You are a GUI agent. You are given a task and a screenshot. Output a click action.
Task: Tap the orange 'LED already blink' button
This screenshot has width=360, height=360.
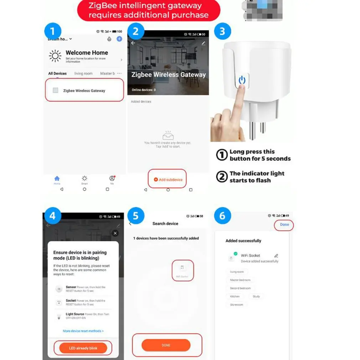coord(83,348)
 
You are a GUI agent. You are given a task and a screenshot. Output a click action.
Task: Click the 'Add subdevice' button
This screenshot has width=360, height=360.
coord(168,180)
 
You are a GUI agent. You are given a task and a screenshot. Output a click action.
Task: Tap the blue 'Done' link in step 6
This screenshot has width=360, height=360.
coord(284,225)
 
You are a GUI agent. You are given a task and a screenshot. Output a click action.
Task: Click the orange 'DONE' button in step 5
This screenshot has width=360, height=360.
coord(166,345)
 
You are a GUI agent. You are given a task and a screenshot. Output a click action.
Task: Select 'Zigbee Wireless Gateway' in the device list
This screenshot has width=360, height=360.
coord(84,91)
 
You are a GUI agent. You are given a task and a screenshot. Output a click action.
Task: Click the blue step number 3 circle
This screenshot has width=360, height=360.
coord(222,31)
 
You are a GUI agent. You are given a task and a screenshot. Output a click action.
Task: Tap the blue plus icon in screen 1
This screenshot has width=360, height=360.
coord(119,39)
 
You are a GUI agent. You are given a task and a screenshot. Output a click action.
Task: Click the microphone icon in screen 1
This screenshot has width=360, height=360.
coord(109,39)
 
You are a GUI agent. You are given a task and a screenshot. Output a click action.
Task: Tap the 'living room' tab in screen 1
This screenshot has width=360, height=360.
coord(83,73)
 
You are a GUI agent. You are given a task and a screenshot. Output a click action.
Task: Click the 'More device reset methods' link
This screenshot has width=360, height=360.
coord(83,331)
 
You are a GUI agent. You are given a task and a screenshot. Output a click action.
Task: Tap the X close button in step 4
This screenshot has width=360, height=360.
coord(115,233)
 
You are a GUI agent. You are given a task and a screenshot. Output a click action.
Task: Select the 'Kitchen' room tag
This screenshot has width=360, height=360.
coord(235,297)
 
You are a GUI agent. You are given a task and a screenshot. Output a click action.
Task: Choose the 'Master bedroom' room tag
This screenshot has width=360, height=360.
coord(240,280)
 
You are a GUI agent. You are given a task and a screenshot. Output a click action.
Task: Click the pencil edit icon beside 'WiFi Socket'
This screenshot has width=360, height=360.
coord(276,256)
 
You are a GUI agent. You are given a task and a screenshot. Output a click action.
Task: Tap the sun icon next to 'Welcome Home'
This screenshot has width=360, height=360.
coord(55,56)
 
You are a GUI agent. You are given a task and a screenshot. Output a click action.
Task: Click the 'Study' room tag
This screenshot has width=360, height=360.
coord(256,297)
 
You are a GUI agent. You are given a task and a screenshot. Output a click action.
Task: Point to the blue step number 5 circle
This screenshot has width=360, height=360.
coord(135,216)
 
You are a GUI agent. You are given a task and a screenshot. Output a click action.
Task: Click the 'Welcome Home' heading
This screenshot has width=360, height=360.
coord(87,52)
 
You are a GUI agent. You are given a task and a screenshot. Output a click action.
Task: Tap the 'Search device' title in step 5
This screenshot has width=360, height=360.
coord(165,223)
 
